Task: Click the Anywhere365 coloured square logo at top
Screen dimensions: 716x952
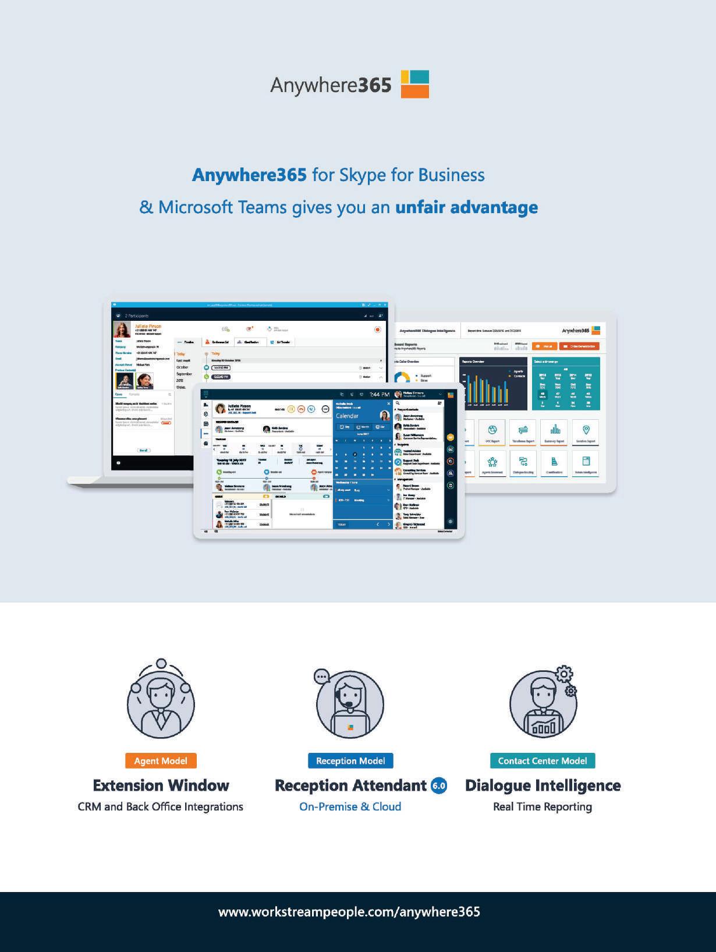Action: click(x=414, y=84)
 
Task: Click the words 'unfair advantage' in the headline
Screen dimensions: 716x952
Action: click(x=466, y=207)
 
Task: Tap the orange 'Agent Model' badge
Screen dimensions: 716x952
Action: click(x=161, y=760)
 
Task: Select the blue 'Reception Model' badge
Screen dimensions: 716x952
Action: click(x=350, y=760)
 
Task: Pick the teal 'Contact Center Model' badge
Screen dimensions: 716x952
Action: click(x=543, y=760)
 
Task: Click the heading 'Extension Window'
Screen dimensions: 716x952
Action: click(x=161, y=785)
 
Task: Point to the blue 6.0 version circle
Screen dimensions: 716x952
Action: click(x=439, y=785)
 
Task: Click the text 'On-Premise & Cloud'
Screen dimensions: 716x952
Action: click(x=350, y=806)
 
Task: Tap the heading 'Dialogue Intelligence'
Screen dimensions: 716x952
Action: click(x=543, y=785)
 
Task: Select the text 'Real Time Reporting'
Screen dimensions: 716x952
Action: click(x=543, y=806)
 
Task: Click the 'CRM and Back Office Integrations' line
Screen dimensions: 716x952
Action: click(x=161, y=806)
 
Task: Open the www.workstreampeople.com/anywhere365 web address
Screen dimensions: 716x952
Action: click(x=349, y=911)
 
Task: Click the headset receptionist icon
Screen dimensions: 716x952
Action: click(x=350, y=703)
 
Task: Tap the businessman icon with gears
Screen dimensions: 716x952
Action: click(x=543, y=703)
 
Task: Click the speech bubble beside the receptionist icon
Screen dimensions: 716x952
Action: click(x=322, y=676)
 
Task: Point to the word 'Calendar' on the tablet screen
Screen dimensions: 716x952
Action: click(x=348, y=416)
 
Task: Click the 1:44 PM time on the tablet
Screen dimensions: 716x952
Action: click(x=380, y=395)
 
